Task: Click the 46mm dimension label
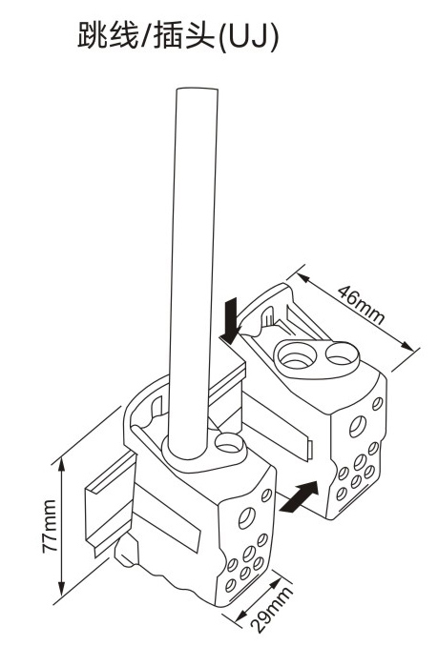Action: (x=361, y=305)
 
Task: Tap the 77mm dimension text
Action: (x=50, y=526)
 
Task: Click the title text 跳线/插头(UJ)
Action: (x=178, y=36)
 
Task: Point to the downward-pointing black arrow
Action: (x=231, y=320)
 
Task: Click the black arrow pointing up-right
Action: (x=299, y=496)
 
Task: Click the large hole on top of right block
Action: (x=295, y=356)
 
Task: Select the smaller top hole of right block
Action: (x=340, y=355)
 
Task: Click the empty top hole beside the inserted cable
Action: (x=228, y=443)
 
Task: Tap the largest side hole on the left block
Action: (x=247, y=517)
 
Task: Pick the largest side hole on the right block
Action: (x=358, y=427)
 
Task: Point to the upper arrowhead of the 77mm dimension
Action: (x=62, y=463)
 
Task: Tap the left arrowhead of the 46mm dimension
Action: (x=303, y=278)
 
